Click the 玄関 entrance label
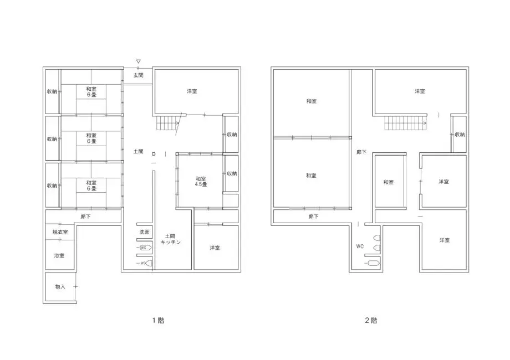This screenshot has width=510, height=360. pyautogui.click(x=138, y=75)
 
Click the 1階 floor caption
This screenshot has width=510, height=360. pyautogui.click(x=158, y=320)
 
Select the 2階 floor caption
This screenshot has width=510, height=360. pyautogui.click(x=371, y=320)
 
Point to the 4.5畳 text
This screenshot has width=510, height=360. pyautogui.click(x=201, y=185)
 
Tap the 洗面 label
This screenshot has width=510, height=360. pyautogui.click(x=144, y=232)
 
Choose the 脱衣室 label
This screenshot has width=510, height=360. pyautogui.click(x=60, y=232)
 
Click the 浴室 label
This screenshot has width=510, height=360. pyautogui.click(x=59, y=255)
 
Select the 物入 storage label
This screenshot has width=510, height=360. pyautogui.click(x=60, y=286)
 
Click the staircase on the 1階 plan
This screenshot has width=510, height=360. pyautogui.click(x=168, y=125)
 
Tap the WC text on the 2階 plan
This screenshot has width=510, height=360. pyautogui.click(x=360, y=246)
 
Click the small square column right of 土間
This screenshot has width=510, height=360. pyautogui.click(x=154, y=154)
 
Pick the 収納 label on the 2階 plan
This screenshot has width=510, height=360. pyautogui.click(x=460, y=135)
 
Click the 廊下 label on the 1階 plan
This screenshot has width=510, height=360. pyautogui.click(x=85, y=217)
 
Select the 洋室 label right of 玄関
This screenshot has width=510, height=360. pyautogui.click(x=192, y=91)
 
